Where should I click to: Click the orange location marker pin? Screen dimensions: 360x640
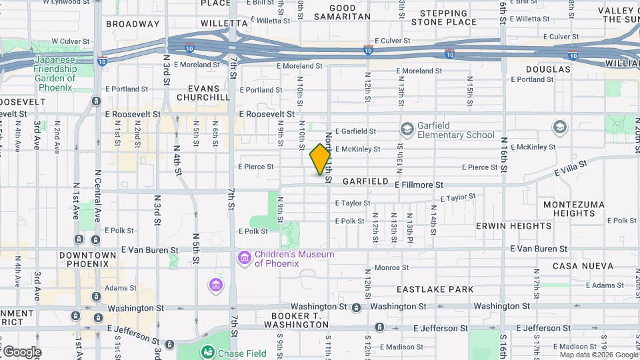tap(320, 159)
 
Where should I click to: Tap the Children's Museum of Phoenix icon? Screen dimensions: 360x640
tap(244, 257)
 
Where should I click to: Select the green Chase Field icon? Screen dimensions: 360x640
tap(208, 352)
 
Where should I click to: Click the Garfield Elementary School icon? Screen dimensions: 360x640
tap(407, 128)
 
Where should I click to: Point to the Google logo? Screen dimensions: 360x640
tap(22, 352)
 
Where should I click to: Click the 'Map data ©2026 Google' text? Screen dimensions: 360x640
tap(597, 355)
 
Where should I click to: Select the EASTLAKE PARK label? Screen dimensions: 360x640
tap(435, 289)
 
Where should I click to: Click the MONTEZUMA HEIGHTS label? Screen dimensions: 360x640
tap(569, 209)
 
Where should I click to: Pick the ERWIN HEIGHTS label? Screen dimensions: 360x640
tap(513, 226)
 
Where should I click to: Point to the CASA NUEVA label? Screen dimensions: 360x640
tap(583, 266)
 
